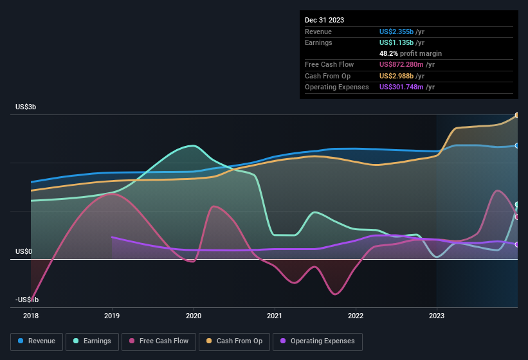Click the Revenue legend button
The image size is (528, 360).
(37, 341)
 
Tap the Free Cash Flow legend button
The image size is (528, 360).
(159, 341)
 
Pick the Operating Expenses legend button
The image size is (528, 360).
(318, 341)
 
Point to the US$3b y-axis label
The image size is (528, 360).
(26, 107)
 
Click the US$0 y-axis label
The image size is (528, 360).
(24, 251)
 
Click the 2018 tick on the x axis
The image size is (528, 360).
(31, 316)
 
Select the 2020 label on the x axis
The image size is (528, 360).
(193, 316)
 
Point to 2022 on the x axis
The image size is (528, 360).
(356, 316)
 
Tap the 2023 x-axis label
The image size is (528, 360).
(437, 316)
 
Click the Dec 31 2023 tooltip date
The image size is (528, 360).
(325, 20)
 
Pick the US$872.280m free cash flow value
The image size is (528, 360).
(403, 64)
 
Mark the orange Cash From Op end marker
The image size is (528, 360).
(517, 116)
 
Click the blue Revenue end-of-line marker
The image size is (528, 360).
(517, 146)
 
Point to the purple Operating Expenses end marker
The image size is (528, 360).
(517, 244)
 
